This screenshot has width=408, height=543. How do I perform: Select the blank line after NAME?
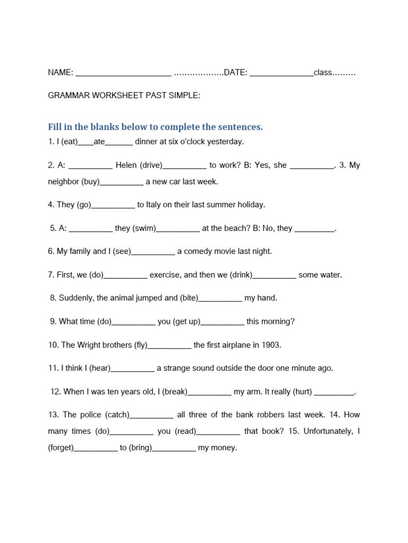coord(124,74)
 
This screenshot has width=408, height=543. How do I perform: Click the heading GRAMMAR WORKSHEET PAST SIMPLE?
coord(124,95)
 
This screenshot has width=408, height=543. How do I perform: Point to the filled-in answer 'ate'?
coord(99,142)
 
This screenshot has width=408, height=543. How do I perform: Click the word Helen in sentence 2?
coord(126,165)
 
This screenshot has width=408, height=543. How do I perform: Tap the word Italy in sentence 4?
coord(155,205)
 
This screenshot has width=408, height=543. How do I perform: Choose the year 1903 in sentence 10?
coord(270,345)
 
